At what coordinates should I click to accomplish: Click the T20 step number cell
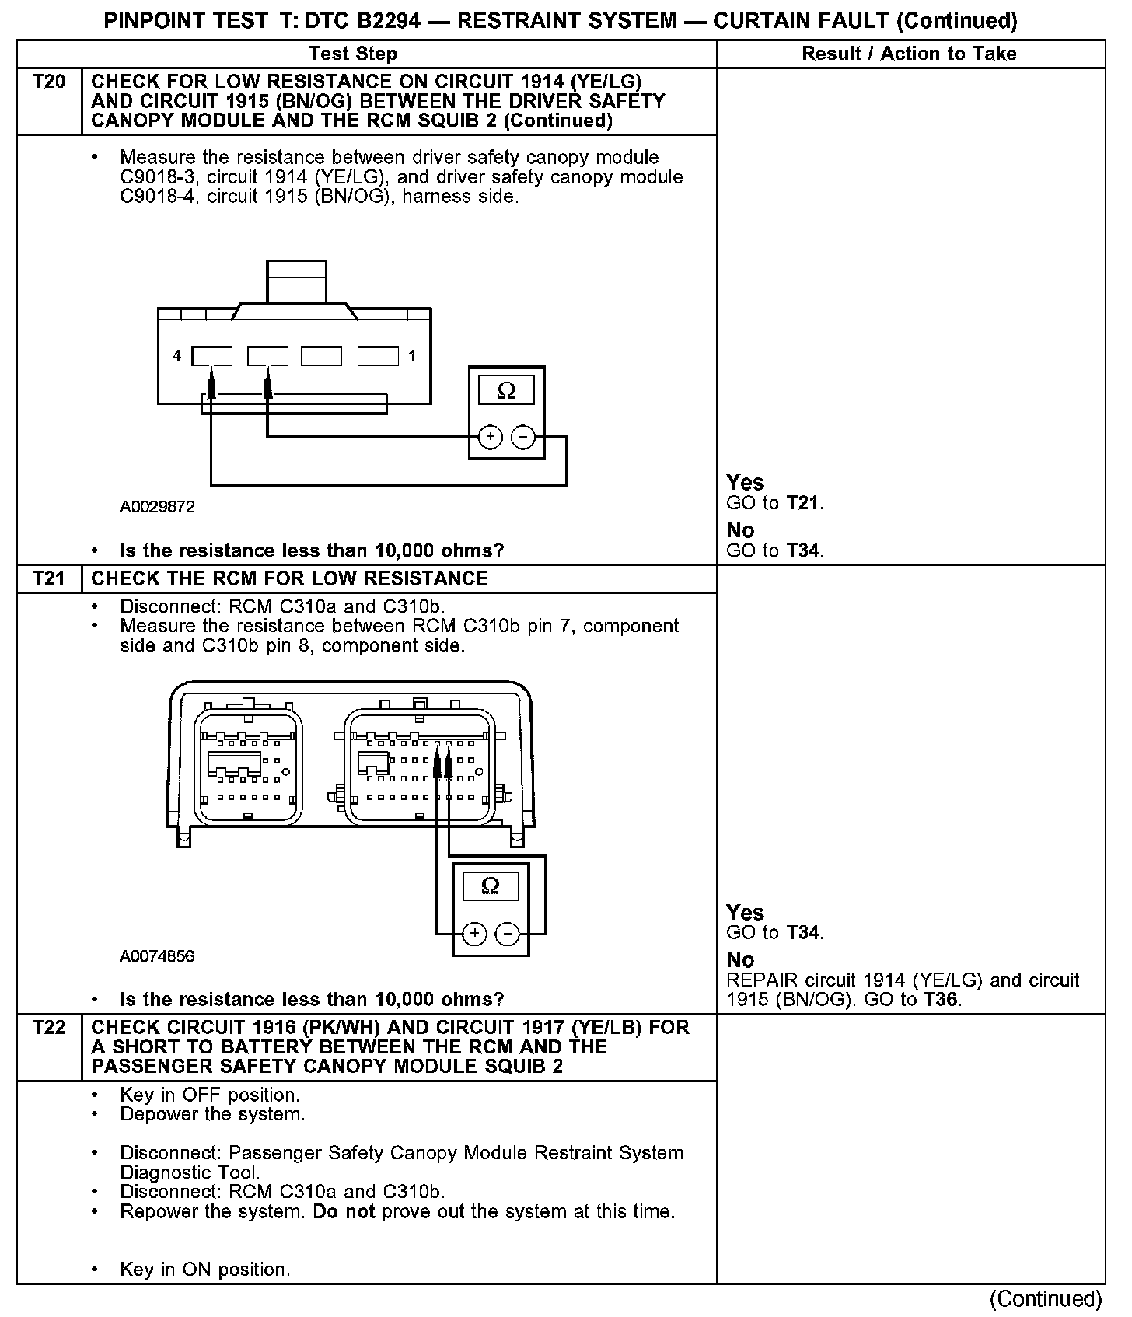coord(49,82)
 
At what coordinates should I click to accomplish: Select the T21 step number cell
coord(49,578)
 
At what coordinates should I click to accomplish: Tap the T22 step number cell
coord(49,1027)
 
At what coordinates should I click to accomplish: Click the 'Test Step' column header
coord(353,54)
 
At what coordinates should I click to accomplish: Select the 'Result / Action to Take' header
coord(909,54)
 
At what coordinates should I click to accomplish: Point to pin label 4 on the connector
coord(177,355)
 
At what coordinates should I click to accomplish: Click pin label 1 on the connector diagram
coord(412,355)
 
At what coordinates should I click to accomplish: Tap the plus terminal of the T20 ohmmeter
coord(490,438)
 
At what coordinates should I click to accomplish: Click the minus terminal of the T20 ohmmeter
coord(522,438)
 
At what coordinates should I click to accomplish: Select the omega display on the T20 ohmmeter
coord(506,390)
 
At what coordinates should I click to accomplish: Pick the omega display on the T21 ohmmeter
coord(491,886)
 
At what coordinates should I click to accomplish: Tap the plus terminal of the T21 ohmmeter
coord(474,933)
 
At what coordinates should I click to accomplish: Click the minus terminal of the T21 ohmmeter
coord(507,933)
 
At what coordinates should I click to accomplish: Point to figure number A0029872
coord(157,507)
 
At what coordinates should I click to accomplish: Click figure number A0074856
coord(157,956)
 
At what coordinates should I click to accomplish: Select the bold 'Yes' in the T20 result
coord(745,482)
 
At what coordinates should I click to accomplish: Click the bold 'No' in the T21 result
coord(740,959)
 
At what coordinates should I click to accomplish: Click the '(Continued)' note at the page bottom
coord(1045,1299)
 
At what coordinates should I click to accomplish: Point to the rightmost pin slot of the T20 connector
coord(378,356)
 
